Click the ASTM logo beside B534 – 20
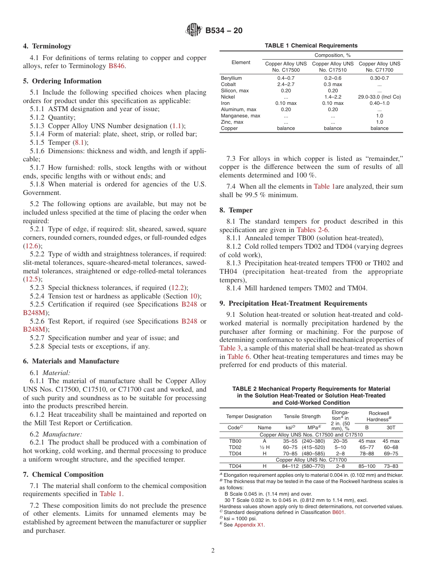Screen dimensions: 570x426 [x=194, y=30]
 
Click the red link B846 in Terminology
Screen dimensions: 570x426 [x=117, y=66]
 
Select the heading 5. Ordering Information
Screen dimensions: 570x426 [x=62, y=81]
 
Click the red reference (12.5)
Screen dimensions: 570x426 [x=32, y=279]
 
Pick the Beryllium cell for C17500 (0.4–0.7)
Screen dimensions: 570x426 [x=286, y=78]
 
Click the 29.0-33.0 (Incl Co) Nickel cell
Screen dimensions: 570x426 [x=379, y=97]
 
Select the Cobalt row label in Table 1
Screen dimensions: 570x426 [x=228, y=84]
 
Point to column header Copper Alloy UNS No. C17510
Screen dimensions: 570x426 [x=332, y=67]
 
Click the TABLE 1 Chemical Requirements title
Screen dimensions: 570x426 [x=311, y=46]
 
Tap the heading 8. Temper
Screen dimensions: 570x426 [x=236, y=210]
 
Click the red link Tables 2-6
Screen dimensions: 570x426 [x=316, y=230]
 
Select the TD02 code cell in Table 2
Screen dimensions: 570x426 [x=235, y=447]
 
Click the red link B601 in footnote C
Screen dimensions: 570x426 [x=338, y=512]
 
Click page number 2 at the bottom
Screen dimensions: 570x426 [x=213, y=551]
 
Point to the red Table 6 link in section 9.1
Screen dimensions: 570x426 [x=235, y=357]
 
